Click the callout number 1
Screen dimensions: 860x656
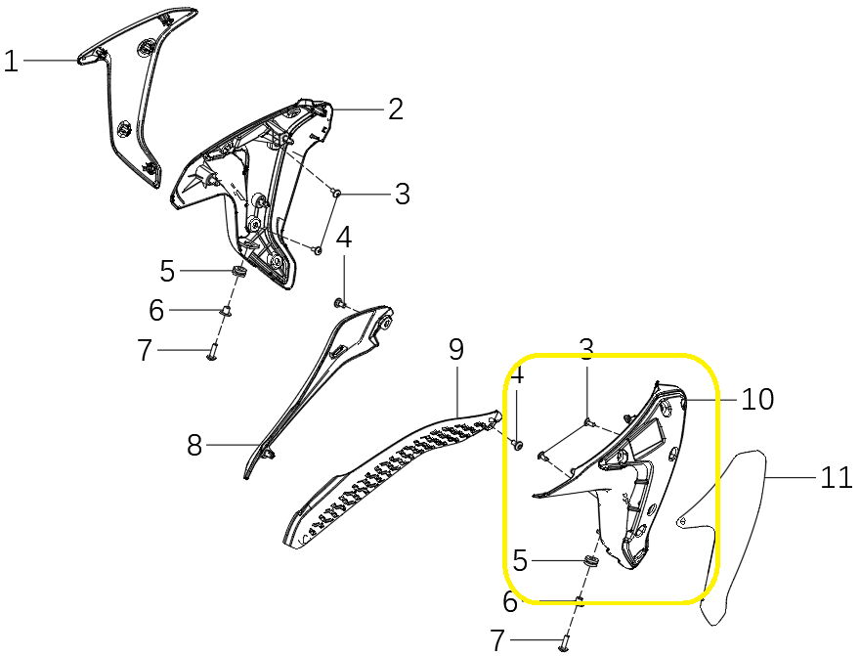pos(11,61)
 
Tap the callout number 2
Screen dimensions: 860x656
pos(396,109)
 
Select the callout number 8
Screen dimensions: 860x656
pos(194,445)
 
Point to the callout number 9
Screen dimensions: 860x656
pos(455,350)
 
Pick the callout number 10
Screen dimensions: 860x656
pos(757,400)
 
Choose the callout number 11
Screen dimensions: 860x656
pos(837,477)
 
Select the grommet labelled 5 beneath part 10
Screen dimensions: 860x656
pos(589,561)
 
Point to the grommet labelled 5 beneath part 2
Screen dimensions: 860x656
pos(237,271)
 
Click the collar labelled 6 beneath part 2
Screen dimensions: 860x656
pos(226,311)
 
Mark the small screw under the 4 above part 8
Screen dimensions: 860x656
pos(339,303)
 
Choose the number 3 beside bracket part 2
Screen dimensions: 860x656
pos(402,194)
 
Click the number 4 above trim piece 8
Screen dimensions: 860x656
pos(344,238)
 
